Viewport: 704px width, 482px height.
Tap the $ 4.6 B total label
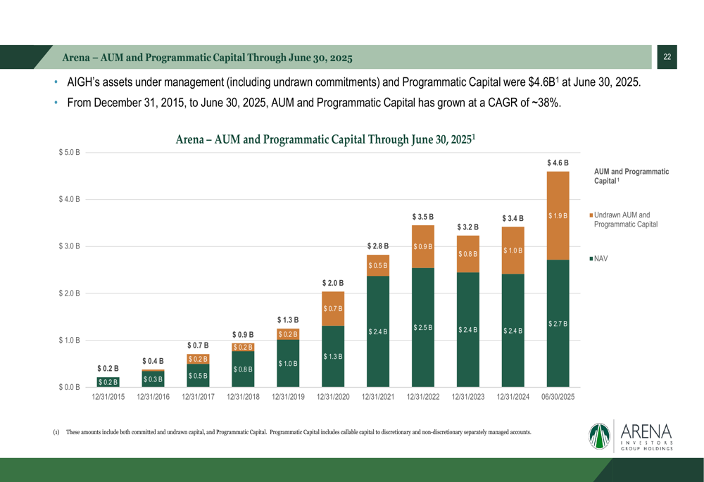(x=558, y=163)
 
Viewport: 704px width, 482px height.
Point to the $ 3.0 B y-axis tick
(x=68, y=246)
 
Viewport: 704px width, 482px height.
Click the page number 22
(x=667, y=57)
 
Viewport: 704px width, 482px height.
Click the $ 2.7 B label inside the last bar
(x=558, y=324)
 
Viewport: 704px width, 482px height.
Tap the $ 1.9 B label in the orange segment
(x=558, y=216)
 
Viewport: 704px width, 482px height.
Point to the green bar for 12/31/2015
(x=108, y=381)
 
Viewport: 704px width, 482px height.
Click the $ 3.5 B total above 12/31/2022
(x=423, y=217)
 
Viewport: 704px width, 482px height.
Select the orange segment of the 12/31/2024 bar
(x=513, y=250)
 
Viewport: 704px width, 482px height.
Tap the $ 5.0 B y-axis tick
(x=68, y=152)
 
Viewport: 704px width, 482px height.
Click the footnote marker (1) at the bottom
(x=56, y=432)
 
